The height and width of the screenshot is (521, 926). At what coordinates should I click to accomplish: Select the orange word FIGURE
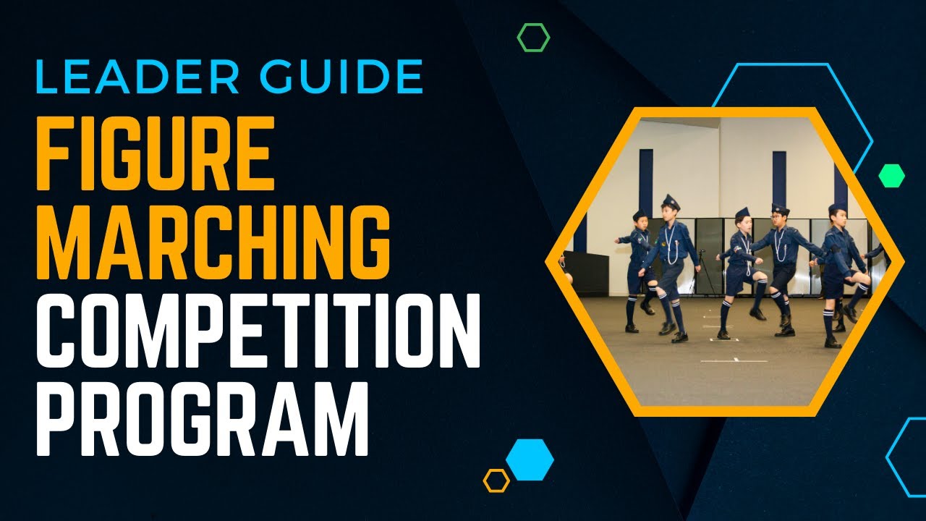[155, 154]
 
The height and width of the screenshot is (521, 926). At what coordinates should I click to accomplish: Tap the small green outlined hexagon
[533, 37]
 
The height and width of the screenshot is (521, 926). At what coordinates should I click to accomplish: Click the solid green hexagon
[891, 176]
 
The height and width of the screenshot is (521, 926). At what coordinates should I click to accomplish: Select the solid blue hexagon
[530, 459]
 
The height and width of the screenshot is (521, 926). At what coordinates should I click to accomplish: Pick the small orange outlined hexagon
[496, 480]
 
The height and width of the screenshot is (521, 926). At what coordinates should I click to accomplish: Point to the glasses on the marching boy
[778, 218]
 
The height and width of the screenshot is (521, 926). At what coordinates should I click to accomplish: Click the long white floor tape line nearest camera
[734, 360]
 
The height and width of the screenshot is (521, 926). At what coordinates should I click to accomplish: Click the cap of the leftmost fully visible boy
[640, 215]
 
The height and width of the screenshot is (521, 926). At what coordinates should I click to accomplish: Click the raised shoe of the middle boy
[757, 313]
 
